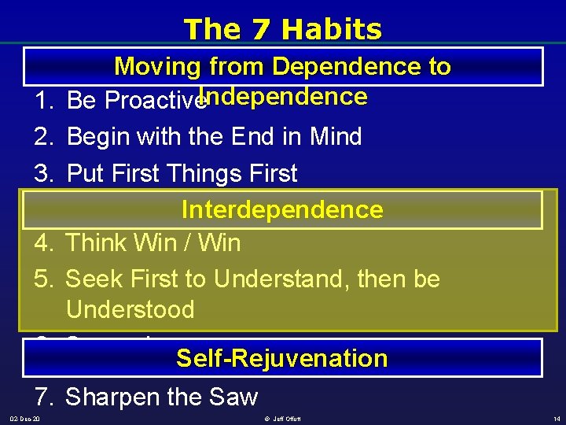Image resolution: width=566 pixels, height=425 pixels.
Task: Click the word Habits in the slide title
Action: (x=332, y=29)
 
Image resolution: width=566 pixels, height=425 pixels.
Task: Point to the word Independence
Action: (x=283, y=97)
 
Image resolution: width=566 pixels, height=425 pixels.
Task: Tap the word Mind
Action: (x=333, y=137)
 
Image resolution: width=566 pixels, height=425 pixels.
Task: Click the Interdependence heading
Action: (x=282, y=209)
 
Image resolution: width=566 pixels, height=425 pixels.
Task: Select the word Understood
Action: (x=130, y=309)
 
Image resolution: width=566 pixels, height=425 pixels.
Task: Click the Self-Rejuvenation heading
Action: (x=282, y=358)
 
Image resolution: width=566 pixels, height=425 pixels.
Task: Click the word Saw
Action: (x=234, y=397)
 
